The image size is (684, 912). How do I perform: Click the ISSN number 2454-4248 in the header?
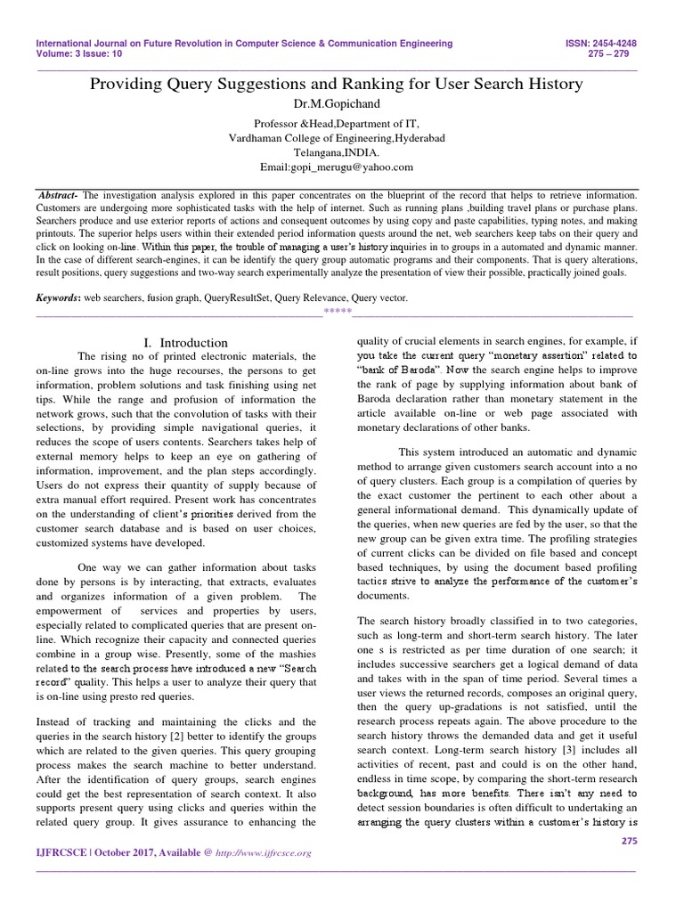click(x=623, y=43)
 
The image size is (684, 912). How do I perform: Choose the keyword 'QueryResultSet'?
click(x=250, y=298)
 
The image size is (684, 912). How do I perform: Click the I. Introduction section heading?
click(x=185, y=343)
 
